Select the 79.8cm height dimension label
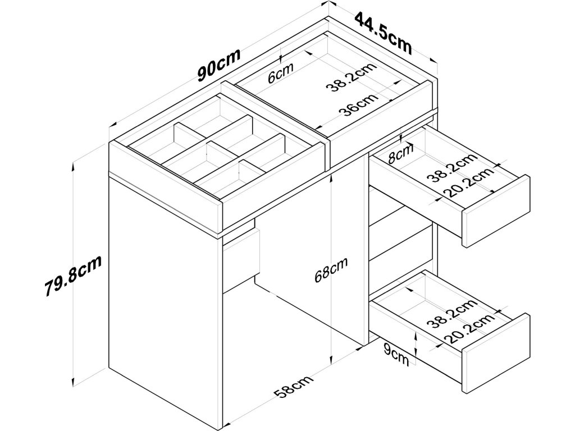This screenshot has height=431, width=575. click(x=74, y=276)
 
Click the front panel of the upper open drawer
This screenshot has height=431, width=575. click(x=496, y=212)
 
